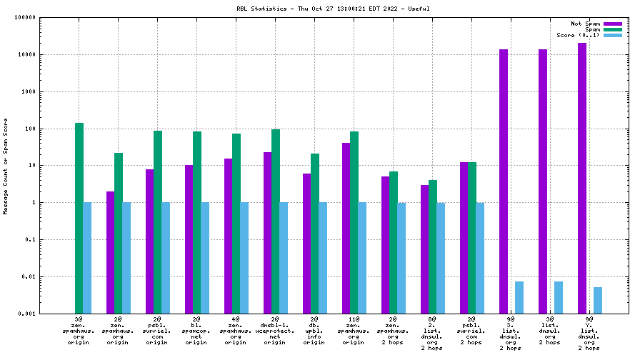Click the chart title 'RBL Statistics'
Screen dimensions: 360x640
pos(261,9)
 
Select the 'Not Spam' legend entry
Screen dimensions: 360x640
pos(613,24)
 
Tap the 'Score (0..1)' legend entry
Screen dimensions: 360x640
pos(613,35)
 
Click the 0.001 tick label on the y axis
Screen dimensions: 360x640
pos(26,314)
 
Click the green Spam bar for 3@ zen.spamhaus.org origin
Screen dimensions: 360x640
pos(79,218)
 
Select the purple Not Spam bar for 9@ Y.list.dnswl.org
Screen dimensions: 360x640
pos(582,178)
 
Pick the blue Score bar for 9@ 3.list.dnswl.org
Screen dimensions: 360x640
pos(519,297)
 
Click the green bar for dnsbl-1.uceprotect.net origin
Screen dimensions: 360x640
pos(276,221)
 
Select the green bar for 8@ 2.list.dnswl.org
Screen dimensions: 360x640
pos(433,246)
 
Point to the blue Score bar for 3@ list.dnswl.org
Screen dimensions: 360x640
pos(559,297)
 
